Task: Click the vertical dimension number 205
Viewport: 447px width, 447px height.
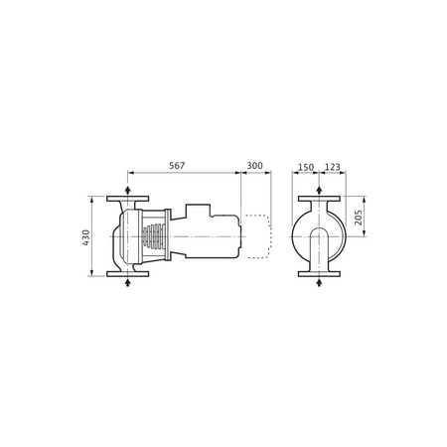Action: coord(360,217)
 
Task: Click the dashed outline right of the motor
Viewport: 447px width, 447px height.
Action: coord(256,235)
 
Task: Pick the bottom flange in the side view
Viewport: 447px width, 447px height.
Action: coord(128,273)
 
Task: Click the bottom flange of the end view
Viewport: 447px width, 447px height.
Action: coord(318,273)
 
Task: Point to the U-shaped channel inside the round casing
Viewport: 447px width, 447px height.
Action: coord(318,248)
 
